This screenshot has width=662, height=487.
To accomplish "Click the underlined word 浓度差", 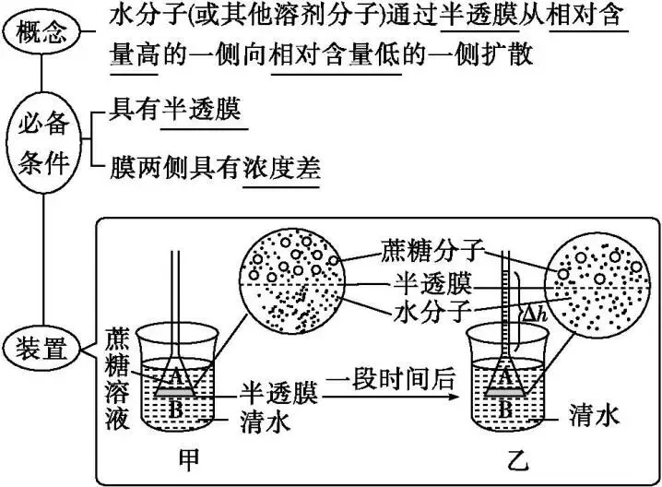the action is click(x=280, y=169).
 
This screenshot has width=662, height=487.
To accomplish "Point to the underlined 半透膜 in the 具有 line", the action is click(x=203, y=110).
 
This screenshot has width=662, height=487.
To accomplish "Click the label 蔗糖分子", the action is click(x=430, y=249).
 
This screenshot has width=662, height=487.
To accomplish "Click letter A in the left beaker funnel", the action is click(x=174, y=374).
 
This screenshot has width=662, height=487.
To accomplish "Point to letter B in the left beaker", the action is click(x=175, y=409).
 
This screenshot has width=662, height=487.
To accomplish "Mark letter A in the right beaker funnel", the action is click(x=506, y=374).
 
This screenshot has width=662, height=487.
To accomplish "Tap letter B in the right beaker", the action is click(x=505, y=408).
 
